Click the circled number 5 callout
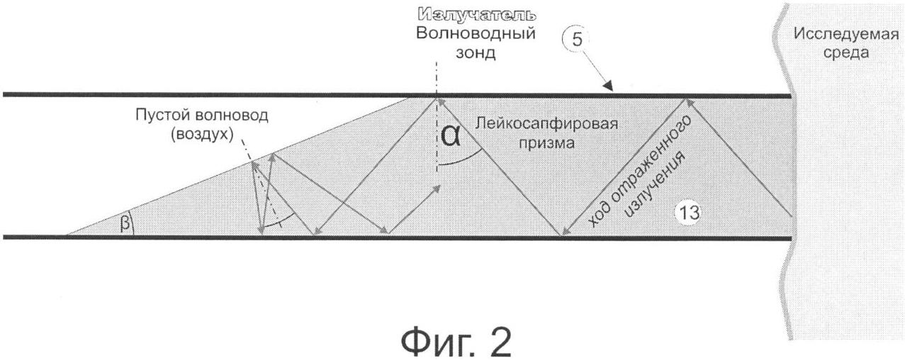click(577, 40)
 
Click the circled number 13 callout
click(687, 213)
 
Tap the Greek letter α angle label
click(450, 135)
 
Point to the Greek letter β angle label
click(125, 223)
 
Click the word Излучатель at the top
click(477, 15)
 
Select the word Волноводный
click(476, 33)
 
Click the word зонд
click(476, 52)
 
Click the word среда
click(845, 52)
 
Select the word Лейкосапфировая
click(546, 123)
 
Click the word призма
click(546, 142)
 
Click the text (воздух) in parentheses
click(202, 134)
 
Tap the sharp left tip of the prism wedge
click(67, 234)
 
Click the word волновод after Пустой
click(232, 115)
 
